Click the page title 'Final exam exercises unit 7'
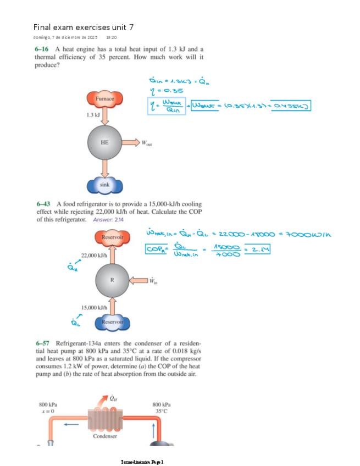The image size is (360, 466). pyautogui.click(x=84, y=27)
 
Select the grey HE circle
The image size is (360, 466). pyautogui.click(x=104, y=142)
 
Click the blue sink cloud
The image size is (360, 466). pyautogui.click(x=104, y=185)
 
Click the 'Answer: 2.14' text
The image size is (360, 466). pyautogui.click(x=108, y=219)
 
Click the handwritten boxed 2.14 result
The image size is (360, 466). pyautogui.click(x=259, y=250)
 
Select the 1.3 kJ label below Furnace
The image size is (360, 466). pyautogui.click(x=93, y=115)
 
